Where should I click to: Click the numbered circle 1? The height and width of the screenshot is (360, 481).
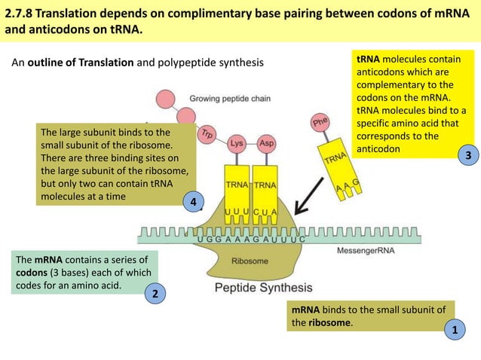click(x=454, y=331)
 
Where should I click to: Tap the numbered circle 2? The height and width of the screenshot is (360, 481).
click(x=155, y=294)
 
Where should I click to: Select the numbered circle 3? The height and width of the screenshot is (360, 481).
click(x=468, y=156)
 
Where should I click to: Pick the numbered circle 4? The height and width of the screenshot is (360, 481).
click(x=194, y=202)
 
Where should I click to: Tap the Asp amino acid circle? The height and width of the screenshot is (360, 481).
click(x=266, y=143)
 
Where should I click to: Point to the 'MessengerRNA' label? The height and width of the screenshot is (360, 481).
click(x=365, y=250)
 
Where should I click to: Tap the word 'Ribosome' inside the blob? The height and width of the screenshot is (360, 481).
click(x=250, y=261)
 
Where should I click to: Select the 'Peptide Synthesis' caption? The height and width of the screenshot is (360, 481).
click(x=263, y=288)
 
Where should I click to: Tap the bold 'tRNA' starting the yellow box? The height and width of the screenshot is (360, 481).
click(x=368, y=59)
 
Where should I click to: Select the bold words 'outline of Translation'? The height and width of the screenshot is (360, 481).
click(x=81, y=62)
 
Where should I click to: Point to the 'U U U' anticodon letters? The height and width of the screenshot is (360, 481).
click(x=237, y=212)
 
